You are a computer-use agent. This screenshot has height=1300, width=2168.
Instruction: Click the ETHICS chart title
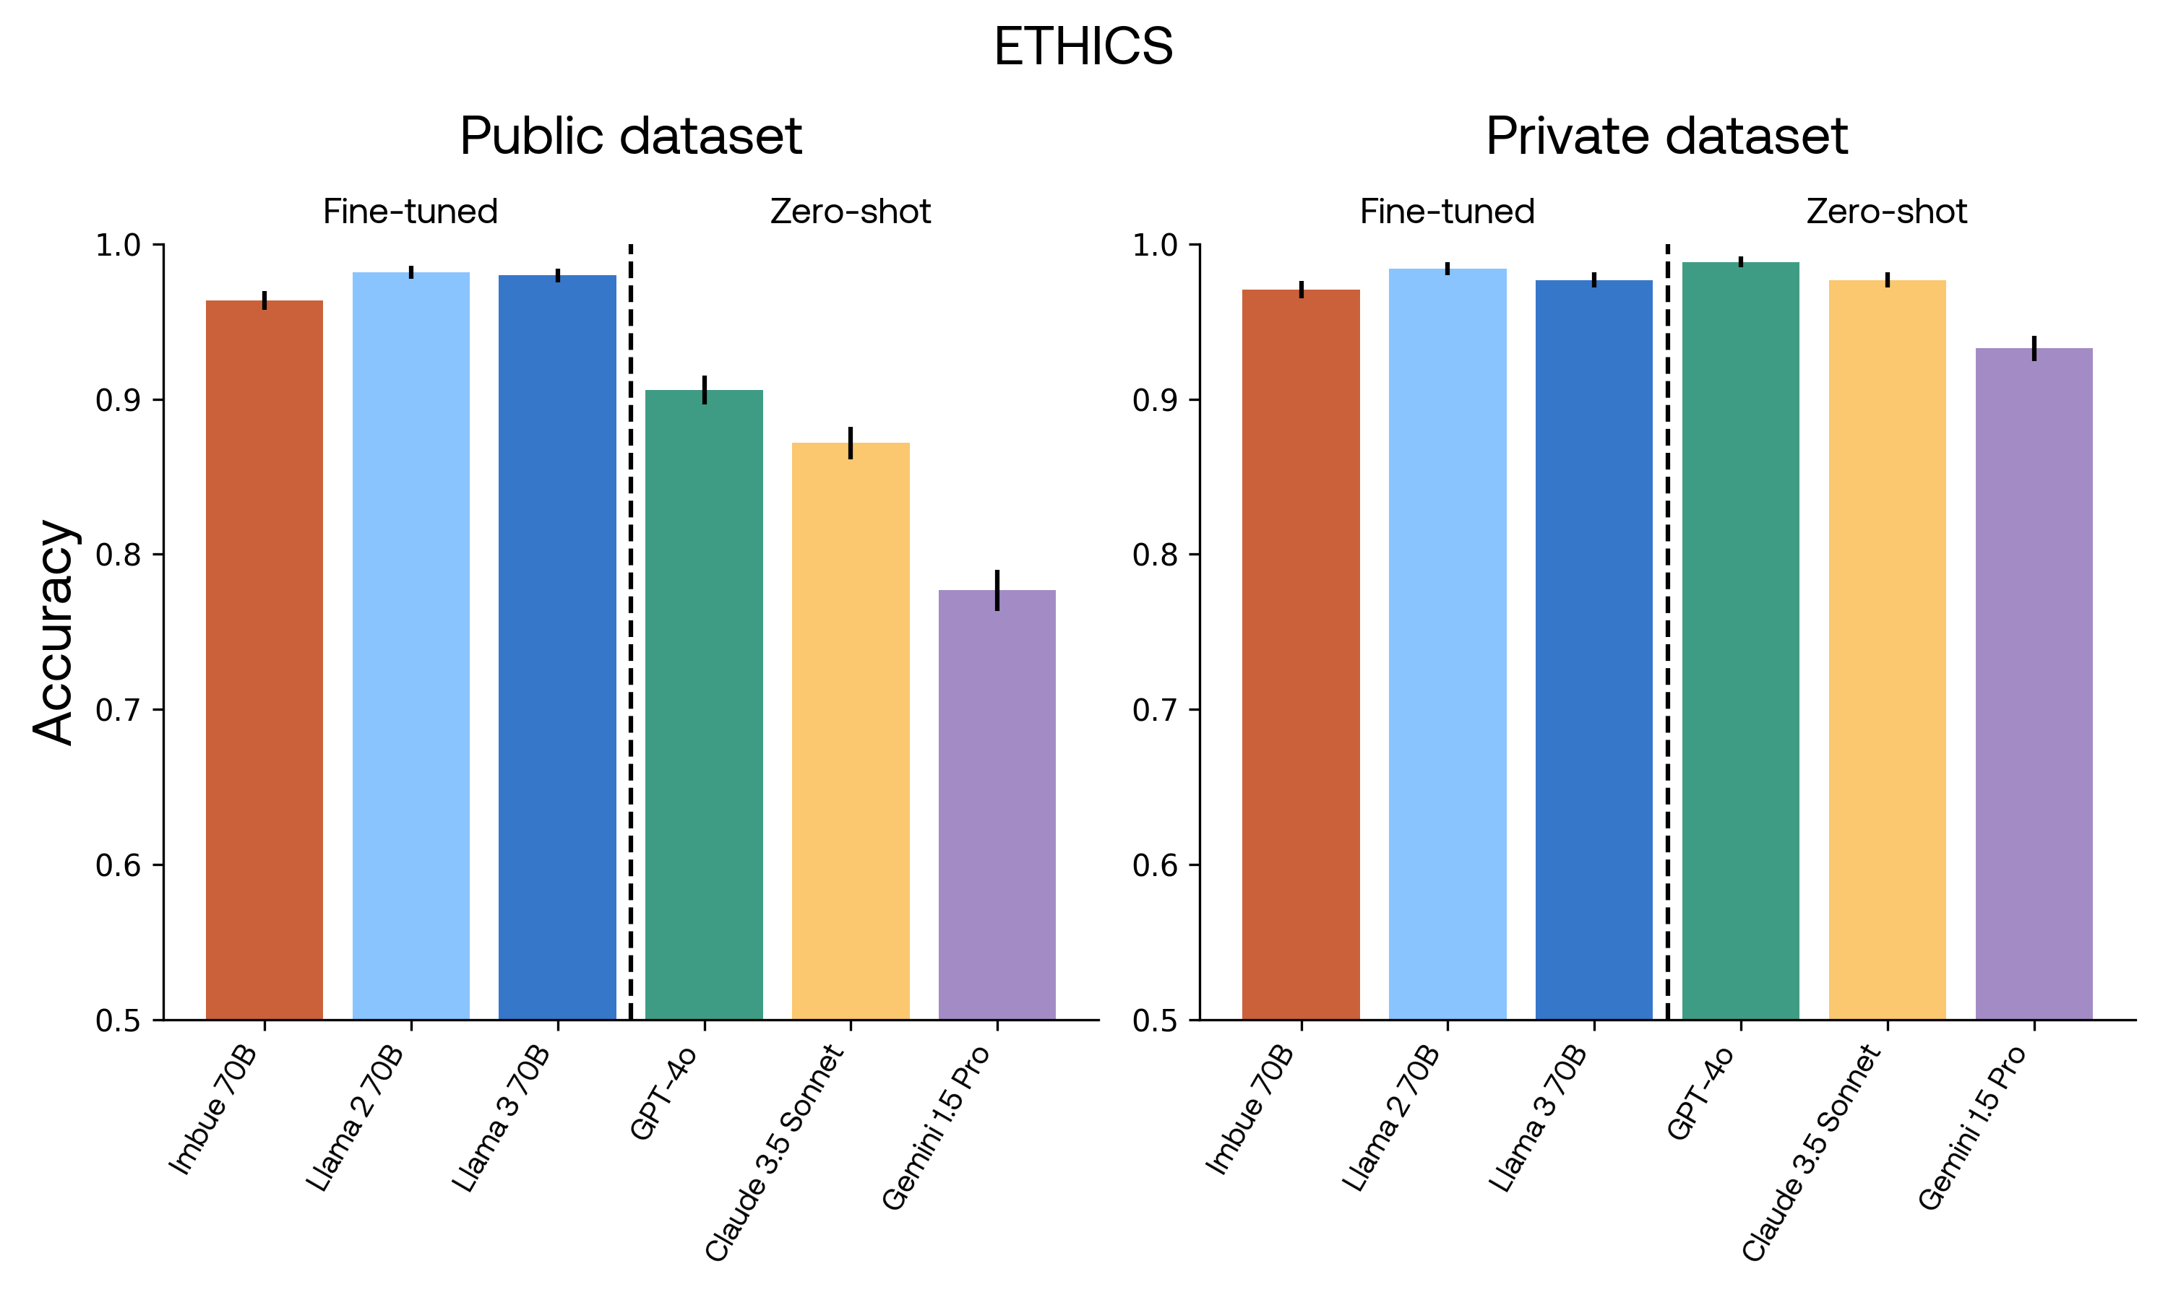(x=1083, y=46)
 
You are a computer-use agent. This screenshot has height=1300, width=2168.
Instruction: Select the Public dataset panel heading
(x=630, y=136)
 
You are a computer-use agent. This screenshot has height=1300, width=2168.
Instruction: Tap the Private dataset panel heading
(x=1666, y=136)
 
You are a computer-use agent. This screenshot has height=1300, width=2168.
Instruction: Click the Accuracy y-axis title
(x=54, y=632)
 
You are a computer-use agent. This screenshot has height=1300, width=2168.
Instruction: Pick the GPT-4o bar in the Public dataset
(x=704, y=701)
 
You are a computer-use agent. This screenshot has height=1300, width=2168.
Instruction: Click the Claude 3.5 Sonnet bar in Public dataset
(x=850, y=727)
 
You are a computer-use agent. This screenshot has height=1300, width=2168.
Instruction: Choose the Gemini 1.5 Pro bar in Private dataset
(x=2033, y=683)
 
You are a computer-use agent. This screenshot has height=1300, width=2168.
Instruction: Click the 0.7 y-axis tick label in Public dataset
(x=117, y=709)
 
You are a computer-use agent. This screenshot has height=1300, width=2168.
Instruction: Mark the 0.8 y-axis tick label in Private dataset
(x=1154, y=555)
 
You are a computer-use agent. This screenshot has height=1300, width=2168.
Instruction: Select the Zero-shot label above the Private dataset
(x=1886, y=212)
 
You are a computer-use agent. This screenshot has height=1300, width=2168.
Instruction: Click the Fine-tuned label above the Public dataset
(x=410, y=212)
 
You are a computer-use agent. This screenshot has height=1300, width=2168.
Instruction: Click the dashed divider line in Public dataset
(x=630, y=630)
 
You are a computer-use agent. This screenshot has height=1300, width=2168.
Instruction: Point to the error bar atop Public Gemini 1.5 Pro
(x=997, y=589)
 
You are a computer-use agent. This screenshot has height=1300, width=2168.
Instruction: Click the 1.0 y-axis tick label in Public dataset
(x=117, y=246)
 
